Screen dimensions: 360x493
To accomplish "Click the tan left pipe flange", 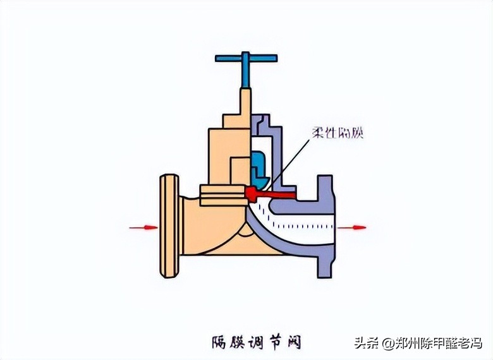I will click(x=169, y=226).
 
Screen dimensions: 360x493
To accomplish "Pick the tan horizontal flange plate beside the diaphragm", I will click(x=221, y=193).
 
